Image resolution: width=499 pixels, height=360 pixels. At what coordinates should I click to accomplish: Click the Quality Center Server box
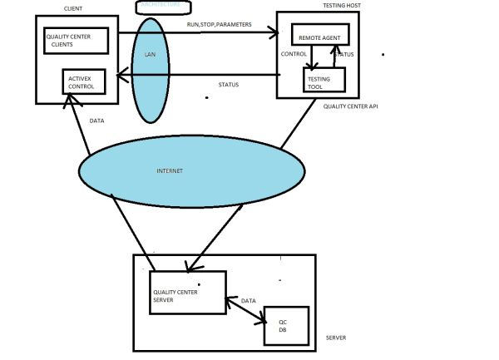click(x=188, y=292)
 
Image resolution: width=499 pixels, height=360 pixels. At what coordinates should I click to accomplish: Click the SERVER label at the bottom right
click(x=335, y=338)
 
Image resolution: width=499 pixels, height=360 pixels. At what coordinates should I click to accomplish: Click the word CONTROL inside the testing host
click(x=294, y=55)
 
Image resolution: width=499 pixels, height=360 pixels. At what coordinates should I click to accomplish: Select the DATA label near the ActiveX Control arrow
click(x=97, y=121)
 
